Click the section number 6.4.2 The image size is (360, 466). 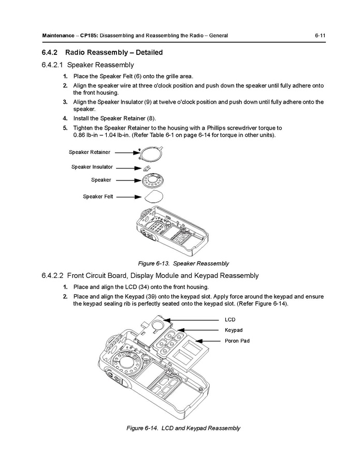click(x=52, y=52)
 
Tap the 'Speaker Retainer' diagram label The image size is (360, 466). click(x=89, y=152)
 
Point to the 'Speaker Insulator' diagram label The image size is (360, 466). click(x=92, y=167)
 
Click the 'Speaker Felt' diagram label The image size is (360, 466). click(x=98, y=196)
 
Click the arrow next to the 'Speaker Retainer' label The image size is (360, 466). click(x=127, y=152)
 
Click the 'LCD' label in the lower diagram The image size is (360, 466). click(x=229, y=320)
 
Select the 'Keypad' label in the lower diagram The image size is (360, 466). click(x=233, y=330)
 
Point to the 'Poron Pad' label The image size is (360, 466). click(x=237, y=341)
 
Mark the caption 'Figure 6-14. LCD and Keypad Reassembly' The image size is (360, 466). click(x=183, y=428)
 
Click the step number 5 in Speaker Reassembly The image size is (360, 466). click(x=65, y=128)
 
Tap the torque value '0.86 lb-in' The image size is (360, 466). click(x=88, y=135)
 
